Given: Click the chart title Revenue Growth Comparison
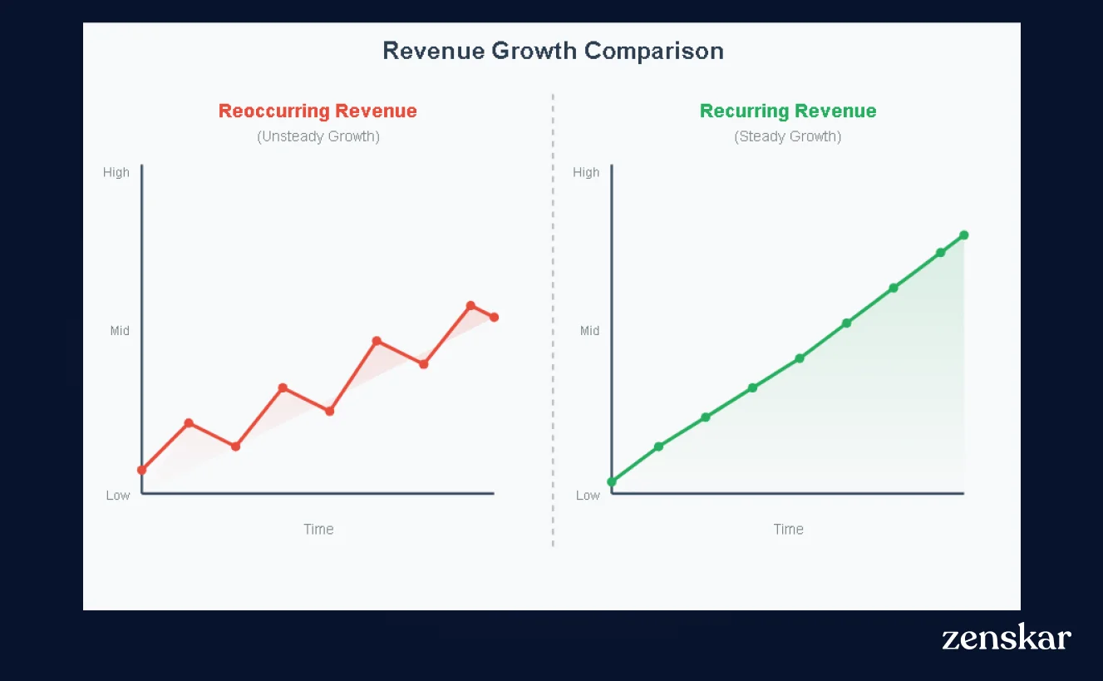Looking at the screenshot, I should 553,51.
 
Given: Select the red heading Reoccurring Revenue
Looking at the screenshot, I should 318,111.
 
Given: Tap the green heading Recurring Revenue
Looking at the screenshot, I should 788,111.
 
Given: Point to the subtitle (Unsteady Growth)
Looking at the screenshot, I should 318,136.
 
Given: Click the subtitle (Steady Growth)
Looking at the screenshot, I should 788,136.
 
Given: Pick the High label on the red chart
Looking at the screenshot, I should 116,172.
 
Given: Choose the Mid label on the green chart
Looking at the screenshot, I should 589,331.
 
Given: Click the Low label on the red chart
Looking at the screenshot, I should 118,496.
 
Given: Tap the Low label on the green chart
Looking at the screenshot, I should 588,496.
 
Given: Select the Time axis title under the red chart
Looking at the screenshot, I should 318,529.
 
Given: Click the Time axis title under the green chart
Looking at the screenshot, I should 789,529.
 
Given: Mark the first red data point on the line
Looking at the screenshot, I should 142,470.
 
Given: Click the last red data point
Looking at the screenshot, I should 495,317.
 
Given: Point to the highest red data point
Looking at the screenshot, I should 470,305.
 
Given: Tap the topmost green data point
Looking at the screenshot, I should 964,235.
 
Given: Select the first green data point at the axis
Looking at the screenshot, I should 612,481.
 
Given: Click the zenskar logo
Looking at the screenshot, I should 1007,638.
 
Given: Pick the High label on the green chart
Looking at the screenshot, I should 586,172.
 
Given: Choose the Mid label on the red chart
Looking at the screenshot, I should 120,331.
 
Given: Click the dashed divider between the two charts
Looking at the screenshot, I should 553,333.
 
